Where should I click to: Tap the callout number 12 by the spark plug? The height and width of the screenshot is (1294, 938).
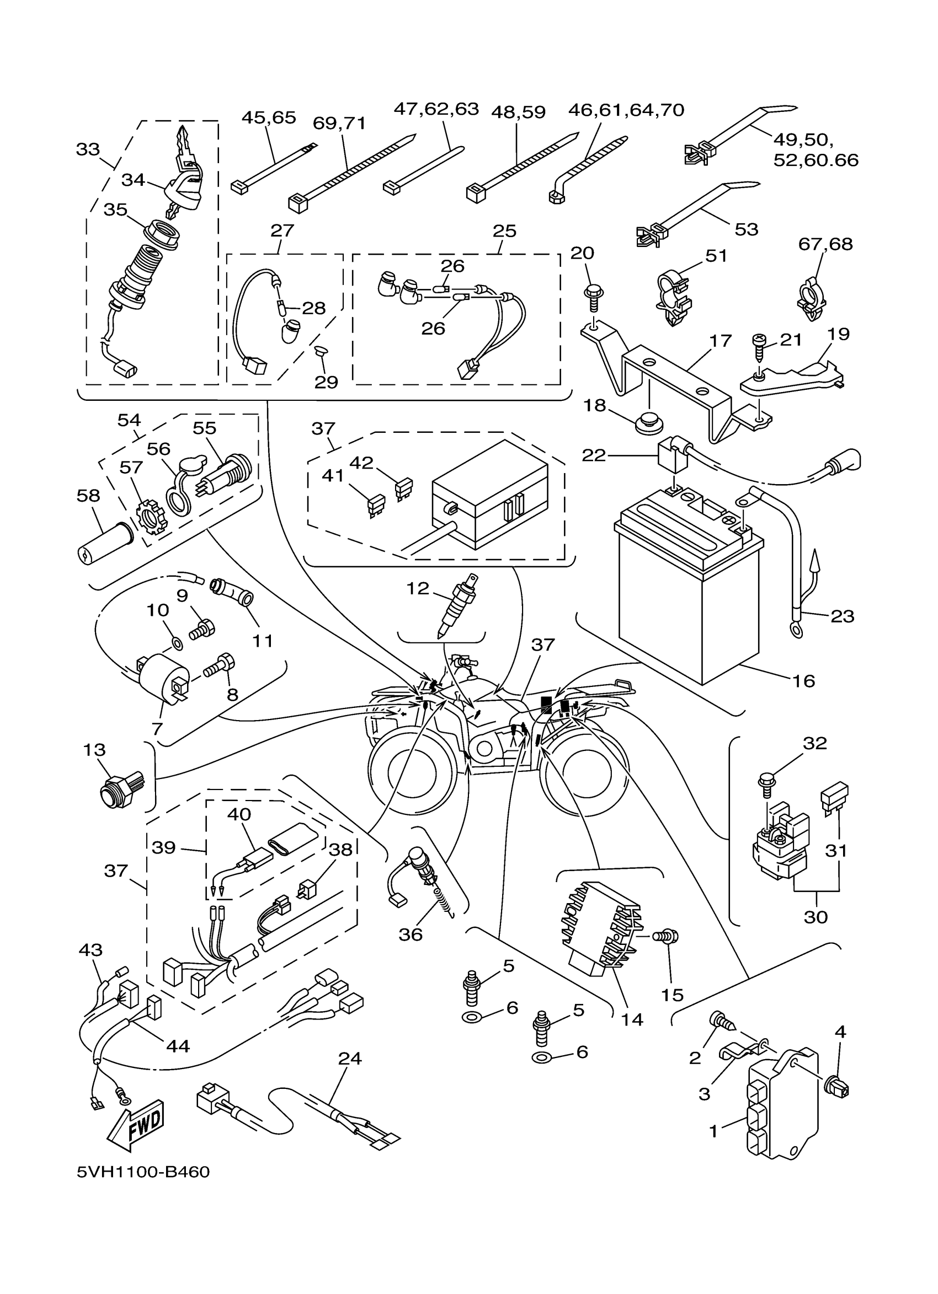[417, 588]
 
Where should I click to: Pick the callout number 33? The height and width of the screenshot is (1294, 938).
[88, 149]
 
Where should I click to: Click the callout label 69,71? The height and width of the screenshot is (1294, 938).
[340, 124]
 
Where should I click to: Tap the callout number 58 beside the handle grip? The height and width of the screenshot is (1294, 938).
[88, 496]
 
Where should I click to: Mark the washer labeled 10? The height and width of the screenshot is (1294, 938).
[177, 644]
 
